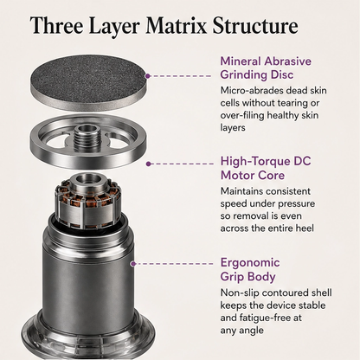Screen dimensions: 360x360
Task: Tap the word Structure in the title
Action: [255, 26]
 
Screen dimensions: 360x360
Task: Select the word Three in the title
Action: [57, 26]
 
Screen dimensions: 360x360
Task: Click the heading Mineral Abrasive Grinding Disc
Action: [266, 68]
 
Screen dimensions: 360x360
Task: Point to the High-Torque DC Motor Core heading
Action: [266, 168]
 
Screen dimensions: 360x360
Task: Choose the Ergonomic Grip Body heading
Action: [250, 269]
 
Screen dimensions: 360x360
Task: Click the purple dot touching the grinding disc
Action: [148, 76]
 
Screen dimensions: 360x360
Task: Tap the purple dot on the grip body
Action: [133, 264]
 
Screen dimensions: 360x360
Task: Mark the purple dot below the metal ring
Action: [148, 164]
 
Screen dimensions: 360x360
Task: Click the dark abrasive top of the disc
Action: [87, 79]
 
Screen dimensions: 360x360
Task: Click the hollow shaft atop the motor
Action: [87, 180]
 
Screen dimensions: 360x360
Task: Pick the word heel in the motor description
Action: [305, 228]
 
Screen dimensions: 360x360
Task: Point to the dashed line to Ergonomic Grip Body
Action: [174, 264]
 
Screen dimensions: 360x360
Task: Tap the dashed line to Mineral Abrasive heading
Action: [181, 76]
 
